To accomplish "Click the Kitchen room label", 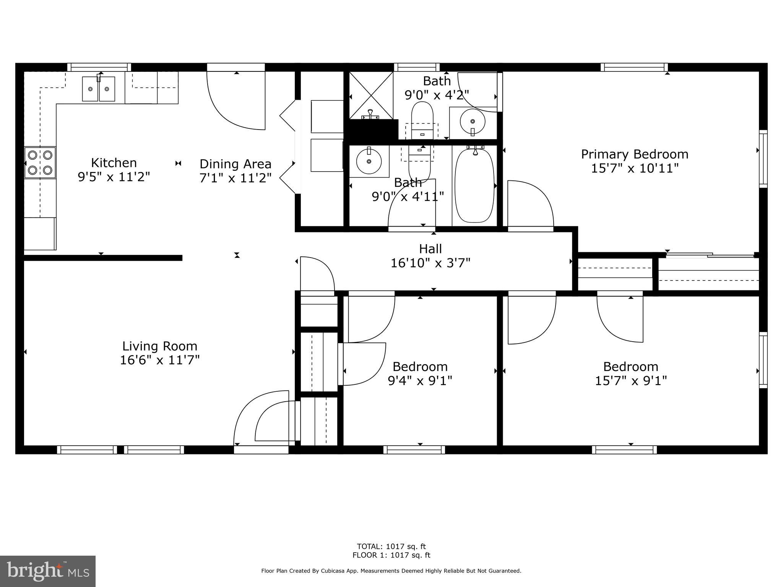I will click(x=114, y=163).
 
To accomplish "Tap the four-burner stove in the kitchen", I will click(x=40, y=162).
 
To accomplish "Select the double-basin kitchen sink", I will click(x=99, y=89).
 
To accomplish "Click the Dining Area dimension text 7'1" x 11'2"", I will click(x=235, y=178).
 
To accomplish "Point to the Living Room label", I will click(x=160, y=346).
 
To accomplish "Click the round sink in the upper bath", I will click(x=473, y=122).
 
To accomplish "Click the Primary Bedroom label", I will click(x=635, y=154).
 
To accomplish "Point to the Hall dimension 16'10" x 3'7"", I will click(x=430, y=263).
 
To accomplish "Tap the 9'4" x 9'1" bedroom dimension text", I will click(x=420, y=381).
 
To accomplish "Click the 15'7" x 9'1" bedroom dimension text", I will click(x=631, y=381).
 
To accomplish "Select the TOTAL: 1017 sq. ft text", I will click(x=391, y=546).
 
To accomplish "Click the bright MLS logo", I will click(x=48, y=571).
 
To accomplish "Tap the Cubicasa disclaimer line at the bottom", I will click(x=391, y=571).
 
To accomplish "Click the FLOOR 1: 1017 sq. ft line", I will click(x=391, y=555).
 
